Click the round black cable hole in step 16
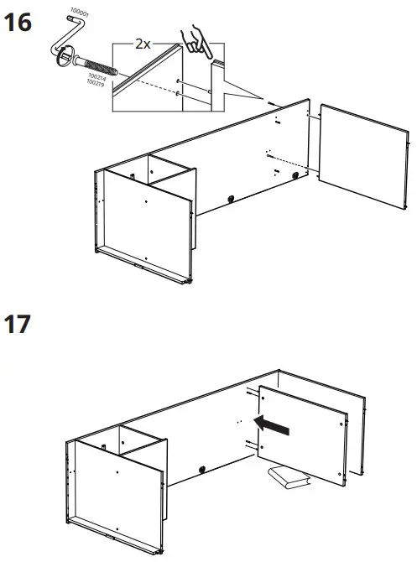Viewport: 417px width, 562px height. pos(229,198)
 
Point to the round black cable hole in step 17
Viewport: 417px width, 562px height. pos(202,468)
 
